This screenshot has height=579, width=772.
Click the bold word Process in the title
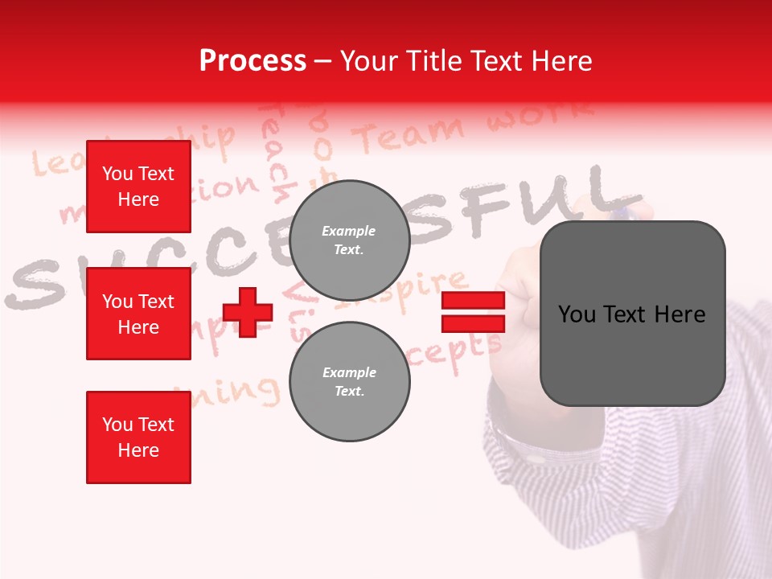(253, 60)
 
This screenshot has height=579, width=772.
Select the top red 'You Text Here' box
(138, 187)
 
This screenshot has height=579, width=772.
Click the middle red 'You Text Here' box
(138, 314)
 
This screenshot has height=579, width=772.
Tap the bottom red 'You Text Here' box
(138, 437)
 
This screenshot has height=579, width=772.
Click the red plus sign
(248, 312)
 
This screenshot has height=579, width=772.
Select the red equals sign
(473, 312)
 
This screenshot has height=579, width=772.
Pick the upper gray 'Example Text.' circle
(349, 240)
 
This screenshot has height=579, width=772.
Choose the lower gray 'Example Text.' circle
(349, 381)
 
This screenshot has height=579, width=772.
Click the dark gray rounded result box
(632, 314)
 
